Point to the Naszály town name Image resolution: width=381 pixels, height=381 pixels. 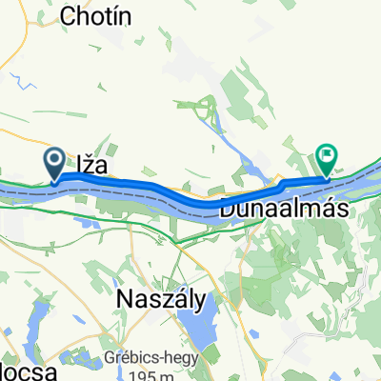(160, 300)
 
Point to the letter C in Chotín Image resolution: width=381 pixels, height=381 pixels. (67, 15)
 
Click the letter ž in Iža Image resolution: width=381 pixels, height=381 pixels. (90, 164)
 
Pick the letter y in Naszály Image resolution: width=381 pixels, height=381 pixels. (199, 302)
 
